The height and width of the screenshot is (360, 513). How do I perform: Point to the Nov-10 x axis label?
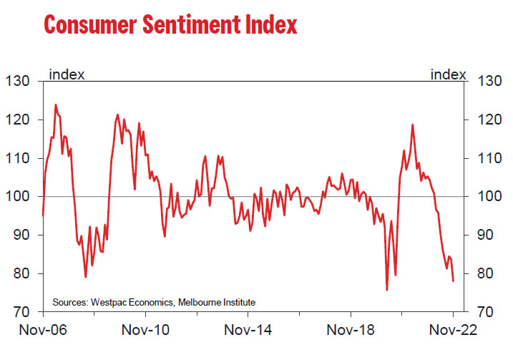point(145,332)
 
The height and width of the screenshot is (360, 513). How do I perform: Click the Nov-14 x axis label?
point(248,332)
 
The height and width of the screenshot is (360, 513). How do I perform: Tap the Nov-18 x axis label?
point(351,332)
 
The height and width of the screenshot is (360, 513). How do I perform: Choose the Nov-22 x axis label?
point(453,332)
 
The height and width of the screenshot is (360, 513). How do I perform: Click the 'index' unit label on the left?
point(67,73)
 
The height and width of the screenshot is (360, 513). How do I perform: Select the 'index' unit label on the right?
point(447,73)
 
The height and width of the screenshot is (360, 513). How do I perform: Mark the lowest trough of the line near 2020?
point(387,290)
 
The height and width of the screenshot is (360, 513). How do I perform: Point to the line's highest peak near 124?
point(56,104)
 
